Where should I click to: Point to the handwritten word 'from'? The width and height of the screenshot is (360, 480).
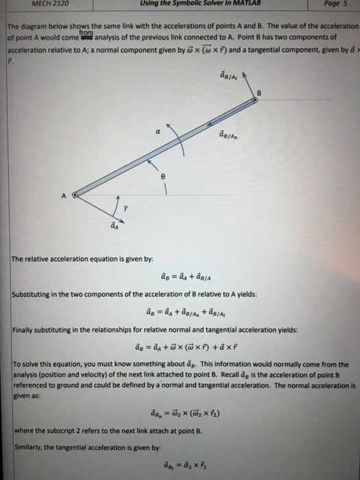point(85,32)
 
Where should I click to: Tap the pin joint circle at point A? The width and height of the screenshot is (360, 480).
point(76,195)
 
